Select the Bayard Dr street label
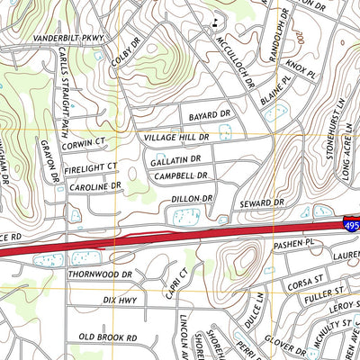pos(210,116)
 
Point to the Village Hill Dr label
pos(176,138)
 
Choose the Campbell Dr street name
pos(181,176)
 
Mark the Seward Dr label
pos(262,204)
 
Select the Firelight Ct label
pos(90,166)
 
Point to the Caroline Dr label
pos(94,187)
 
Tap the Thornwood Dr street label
pos(100,274)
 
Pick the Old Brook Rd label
pos(107,337)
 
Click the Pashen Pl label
pos(299,243)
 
